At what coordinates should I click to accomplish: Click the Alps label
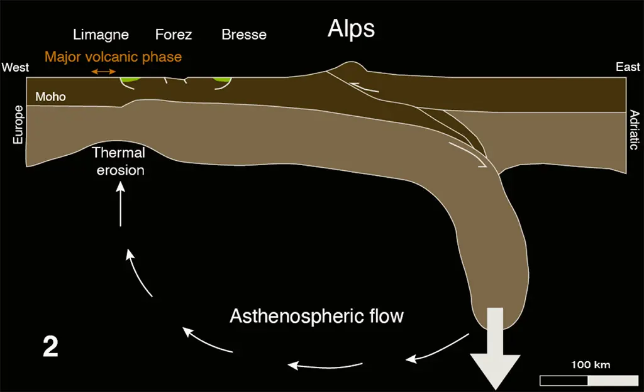351,29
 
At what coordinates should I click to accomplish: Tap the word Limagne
101,35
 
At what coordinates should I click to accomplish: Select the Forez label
174,35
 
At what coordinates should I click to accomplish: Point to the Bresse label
244,35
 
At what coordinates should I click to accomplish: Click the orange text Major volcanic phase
113,57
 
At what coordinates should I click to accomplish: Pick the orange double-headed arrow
104,72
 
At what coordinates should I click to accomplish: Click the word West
15,67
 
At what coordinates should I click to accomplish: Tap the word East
628,67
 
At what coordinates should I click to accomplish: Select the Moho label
50,96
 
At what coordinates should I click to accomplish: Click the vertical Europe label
18,124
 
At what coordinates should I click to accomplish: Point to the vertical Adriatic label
635,129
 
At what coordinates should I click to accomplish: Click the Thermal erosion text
119,161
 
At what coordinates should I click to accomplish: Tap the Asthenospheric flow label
317,316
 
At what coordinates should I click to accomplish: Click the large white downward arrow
496,349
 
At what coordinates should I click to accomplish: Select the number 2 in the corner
50,347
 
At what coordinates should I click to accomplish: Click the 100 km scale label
591,364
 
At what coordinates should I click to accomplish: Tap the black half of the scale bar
564,381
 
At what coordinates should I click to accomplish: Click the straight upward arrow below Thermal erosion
120,204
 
